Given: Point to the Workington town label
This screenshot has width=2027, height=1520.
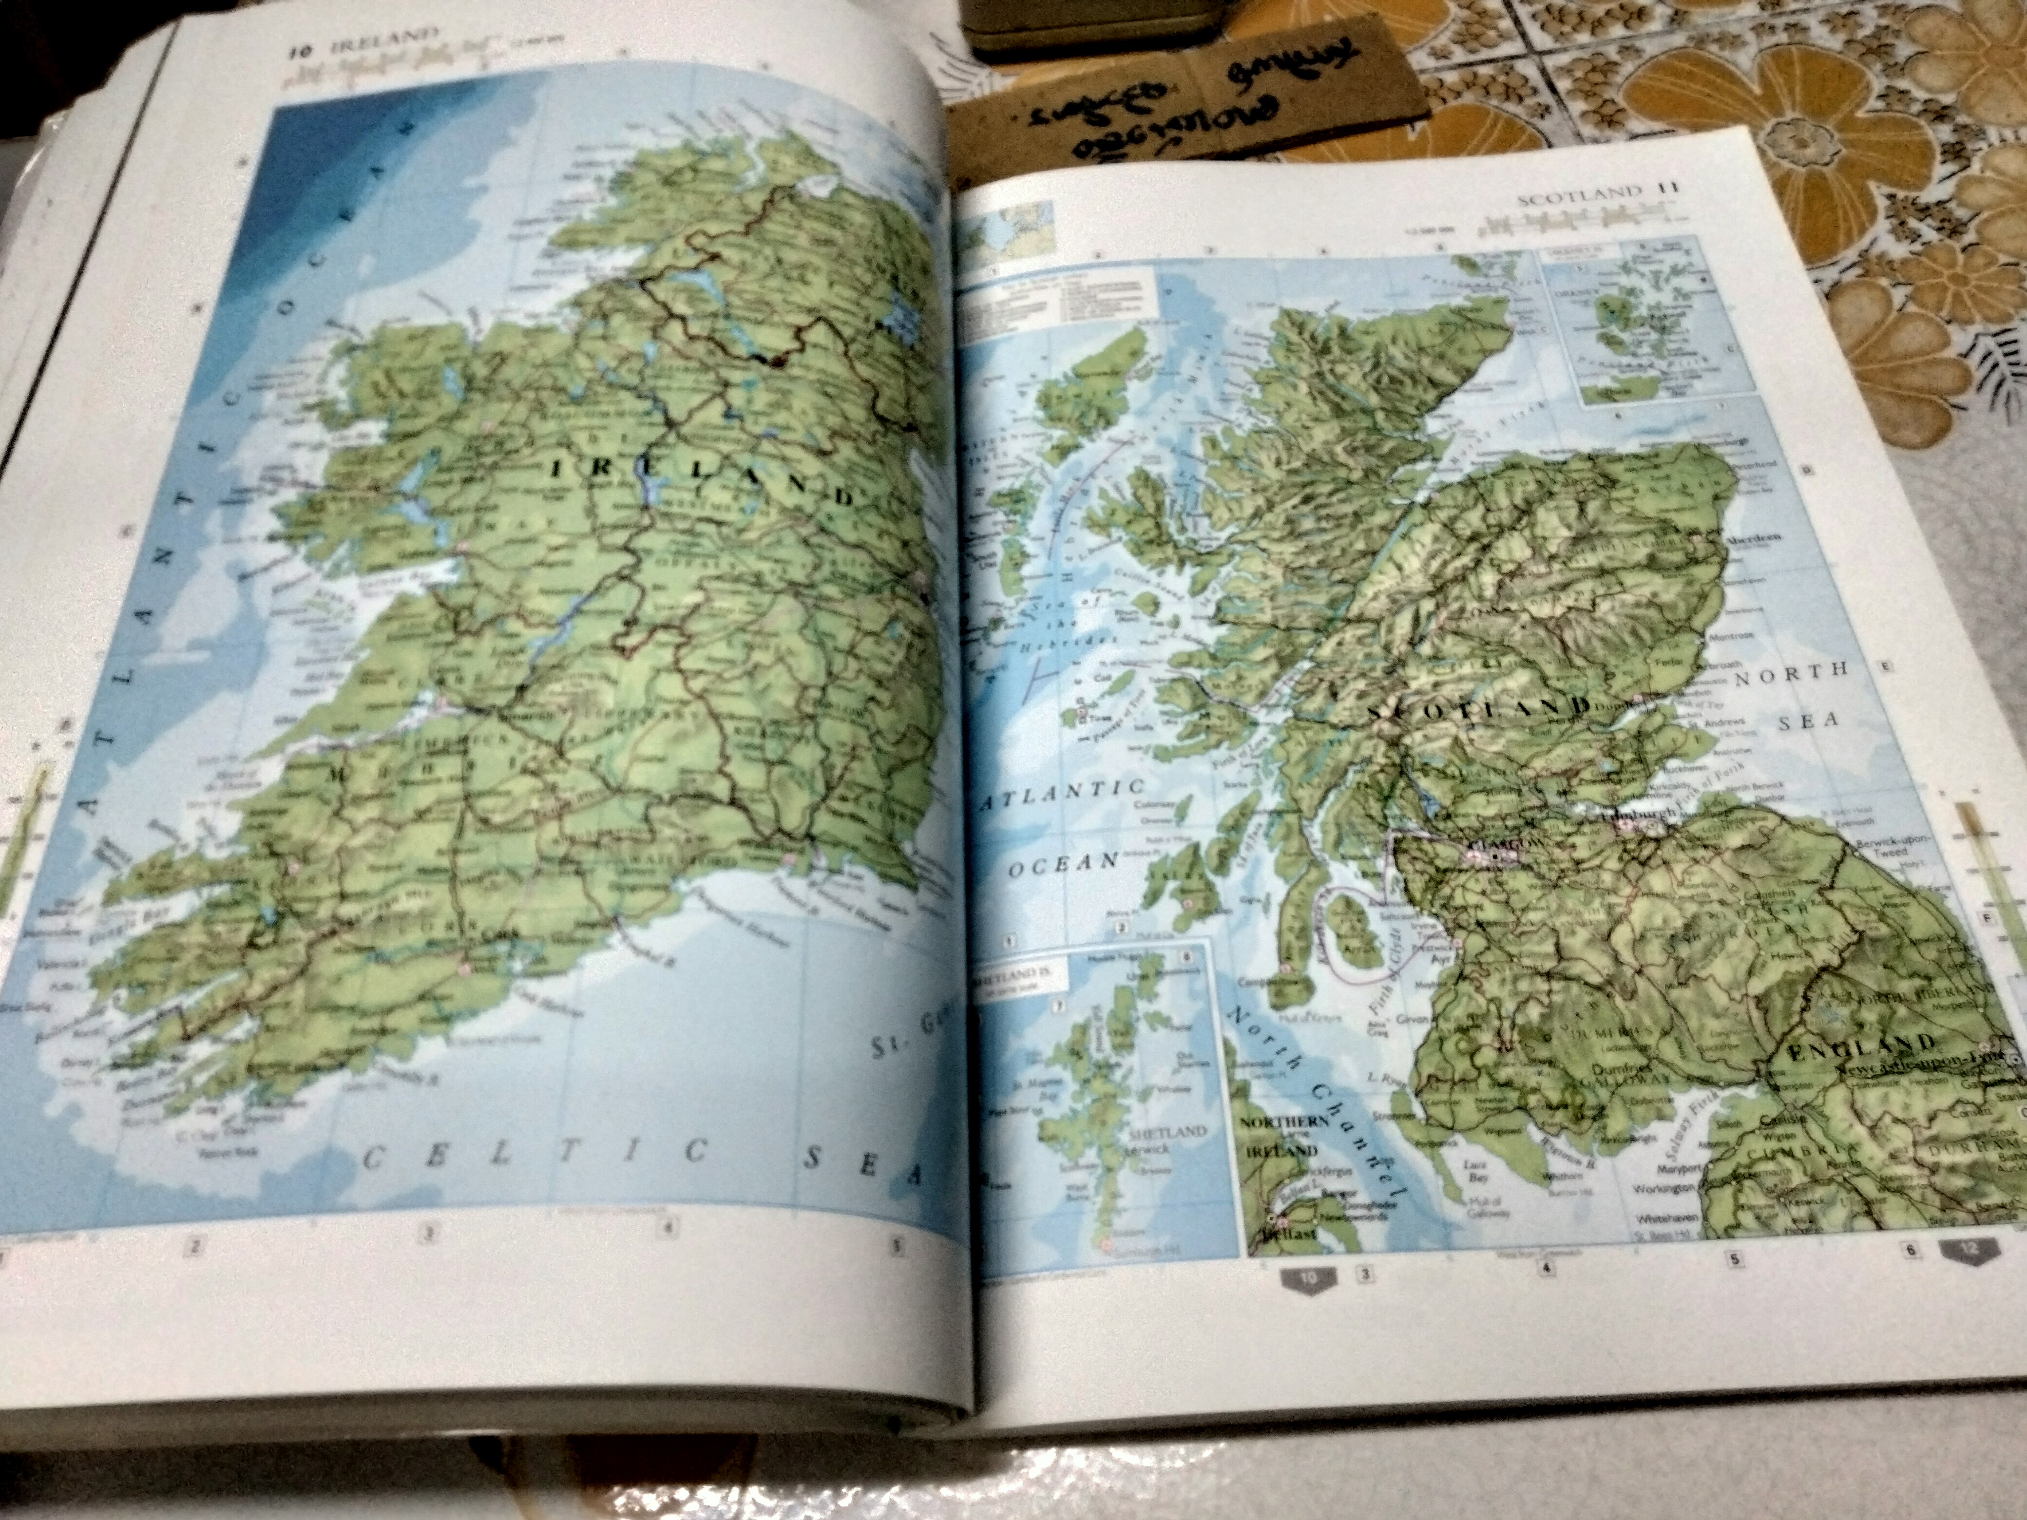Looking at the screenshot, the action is [x=1663, y=1188].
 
